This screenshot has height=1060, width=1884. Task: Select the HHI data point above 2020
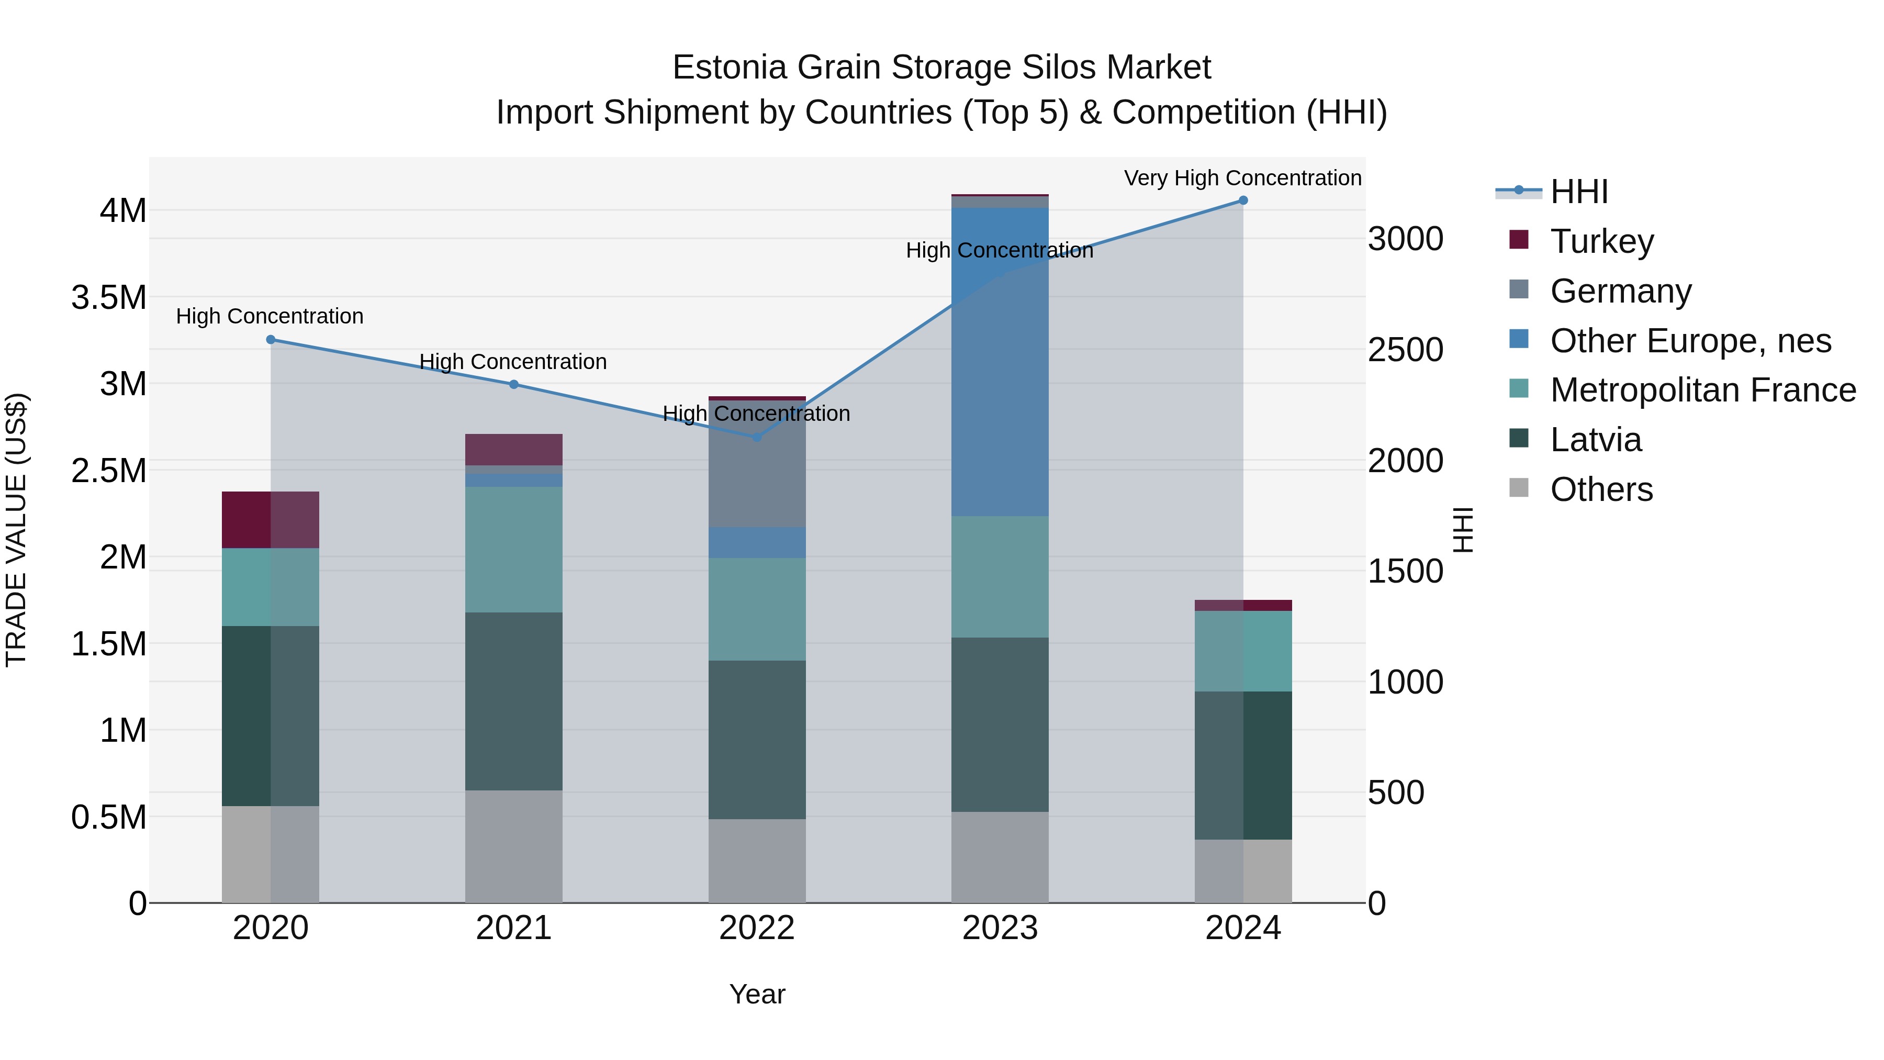[271, 339]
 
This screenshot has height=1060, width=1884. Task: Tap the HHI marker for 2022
[757, 438]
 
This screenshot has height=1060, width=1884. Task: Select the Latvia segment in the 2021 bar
[513, 701]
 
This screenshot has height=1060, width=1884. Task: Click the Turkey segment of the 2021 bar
[513, 449]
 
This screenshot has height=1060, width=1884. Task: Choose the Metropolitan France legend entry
[1702, 390]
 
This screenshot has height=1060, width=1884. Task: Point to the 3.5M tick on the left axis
[108, 298]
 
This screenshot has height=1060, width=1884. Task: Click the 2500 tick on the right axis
[1405, 350]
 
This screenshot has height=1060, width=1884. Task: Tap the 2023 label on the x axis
[1000, 928]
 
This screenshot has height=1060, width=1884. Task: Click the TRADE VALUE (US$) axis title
[16, 530]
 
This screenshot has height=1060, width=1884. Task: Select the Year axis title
[757, 994]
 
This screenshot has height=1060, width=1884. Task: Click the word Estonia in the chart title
[730, 68]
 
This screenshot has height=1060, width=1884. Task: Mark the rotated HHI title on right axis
[1463, 530]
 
